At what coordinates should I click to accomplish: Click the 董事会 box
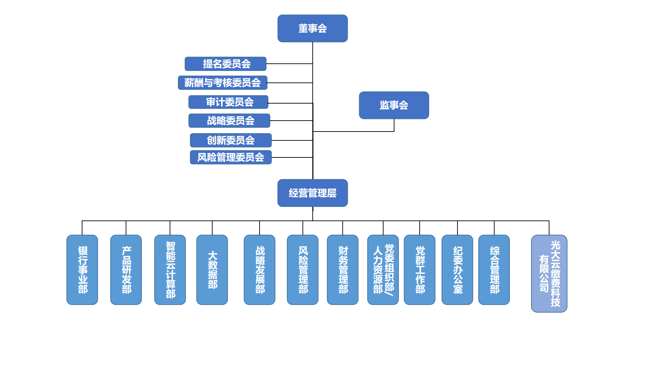coord(312,28)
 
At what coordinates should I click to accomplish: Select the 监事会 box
coord(394,105)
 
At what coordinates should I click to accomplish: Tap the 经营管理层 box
coord(312,193)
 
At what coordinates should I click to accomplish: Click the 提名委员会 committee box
coord(225,64)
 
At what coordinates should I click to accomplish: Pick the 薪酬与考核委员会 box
coord(222,82)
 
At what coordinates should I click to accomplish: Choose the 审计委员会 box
coord(228,102)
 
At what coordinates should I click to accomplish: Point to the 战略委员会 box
coord(229,121)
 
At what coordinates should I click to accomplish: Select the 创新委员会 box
coord(231,140)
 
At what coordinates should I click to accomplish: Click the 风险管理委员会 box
coord(231,157)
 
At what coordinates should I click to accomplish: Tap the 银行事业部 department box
coord(82,270)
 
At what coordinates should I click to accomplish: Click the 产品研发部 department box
coord(126,270)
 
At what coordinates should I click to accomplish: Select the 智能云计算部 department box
coord(170,270)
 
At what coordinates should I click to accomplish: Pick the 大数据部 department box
coord(212,270)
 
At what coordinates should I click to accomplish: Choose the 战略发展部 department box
coord(260,270)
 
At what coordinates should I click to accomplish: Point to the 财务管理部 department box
coord(343,270)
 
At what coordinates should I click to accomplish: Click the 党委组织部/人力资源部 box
coord(383,270)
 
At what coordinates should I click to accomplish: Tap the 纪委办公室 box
coord(457,270)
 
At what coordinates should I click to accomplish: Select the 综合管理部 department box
coord(494,270)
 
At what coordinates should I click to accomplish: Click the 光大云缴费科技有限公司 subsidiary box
coord(549,273)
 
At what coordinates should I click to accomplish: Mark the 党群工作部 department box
coord(420,270)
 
